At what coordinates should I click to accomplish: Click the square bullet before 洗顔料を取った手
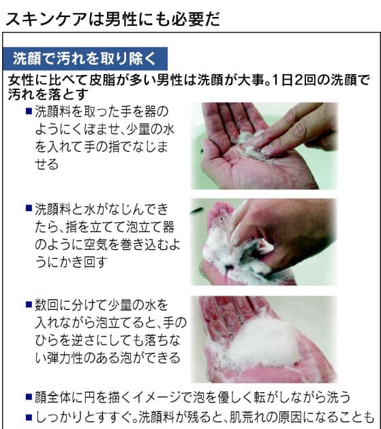pos(28,110)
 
